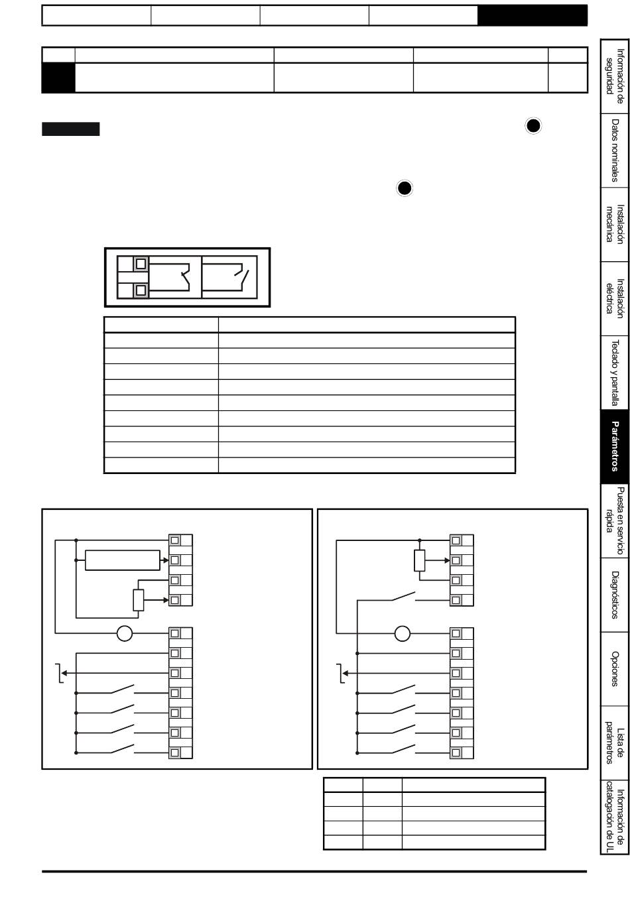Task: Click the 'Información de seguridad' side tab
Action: pyautogui.click(x=614, y=76)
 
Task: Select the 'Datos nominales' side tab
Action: pyautogui.click(x=614, y=150)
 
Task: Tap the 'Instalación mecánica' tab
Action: pyautogui.click(x=614, y=225)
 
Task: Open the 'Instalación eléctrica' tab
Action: pyautogui.click(x=614, y=299)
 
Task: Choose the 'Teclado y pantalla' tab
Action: pyautogui.click(x=614, y=373)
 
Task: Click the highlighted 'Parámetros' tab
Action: pyautogui.click(x=614, y=447)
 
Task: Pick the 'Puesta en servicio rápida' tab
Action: pyautogui.click(x=614, y=521)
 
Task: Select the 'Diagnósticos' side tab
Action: pyautogui.click(x=614, y=595)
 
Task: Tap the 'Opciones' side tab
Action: pyautogui.click(x=614, y=669)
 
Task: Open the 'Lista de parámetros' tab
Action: pyautogui.click(x=614, y=743)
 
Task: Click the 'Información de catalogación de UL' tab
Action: pyautogui.click(x=614, y=817)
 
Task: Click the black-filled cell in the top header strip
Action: pyautogui.click(x=533, y=15)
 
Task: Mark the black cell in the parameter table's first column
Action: pyautogui.click(x=58, y=78)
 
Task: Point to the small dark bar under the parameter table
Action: pyautogui.click(x=70, y=129)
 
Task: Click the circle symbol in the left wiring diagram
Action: pyautogui.click(x=125, y=633)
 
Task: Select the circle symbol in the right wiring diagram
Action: pyautogui.click(x=402, y=633)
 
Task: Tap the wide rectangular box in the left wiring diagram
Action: pyautogui.click(x=123, y=560)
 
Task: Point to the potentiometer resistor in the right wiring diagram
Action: pyautogui.click(x=420, y=560)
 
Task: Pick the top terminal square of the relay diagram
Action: pyautogui.click(x=141, y=264)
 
